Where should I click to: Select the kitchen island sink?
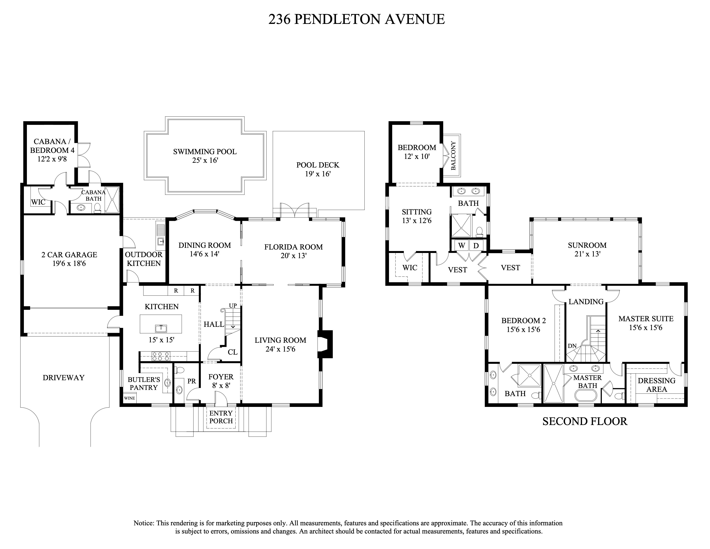point(161,329)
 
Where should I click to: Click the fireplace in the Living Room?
point(325,344)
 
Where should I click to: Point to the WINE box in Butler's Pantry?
point(129,398)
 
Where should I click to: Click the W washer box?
point(462,246)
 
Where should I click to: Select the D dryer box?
point(476,246)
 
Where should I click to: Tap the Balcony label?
point(453,155)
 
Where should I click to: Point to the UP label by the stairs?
point(233,306)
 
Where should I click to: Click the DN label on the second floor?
point(572,346)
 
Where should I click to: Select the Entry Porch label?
point(221,417)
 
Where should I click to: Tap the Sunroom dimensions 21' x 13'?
point(587,254)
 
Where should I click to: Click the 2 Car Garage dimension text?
point(69,264)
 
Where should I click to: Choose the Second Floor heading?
point(585,422)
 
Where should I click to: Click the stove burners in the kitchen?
point(161,357)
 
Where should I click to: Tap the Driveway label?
point(63,378)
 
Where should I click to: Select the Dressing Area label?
point(656,385)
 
